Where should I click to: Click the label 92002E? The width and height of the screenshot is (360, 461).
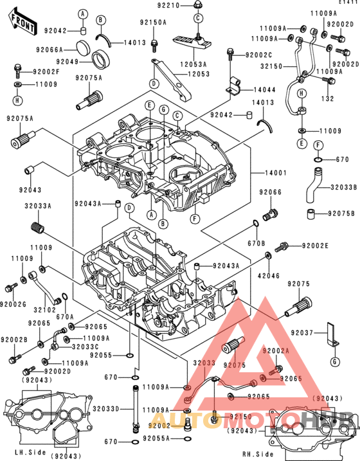pos(315,246)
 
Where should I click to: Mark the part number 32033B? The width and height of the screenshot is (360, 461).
pos(343,188)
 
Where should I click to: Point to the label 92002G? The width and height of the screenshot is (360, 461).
pos(13,304)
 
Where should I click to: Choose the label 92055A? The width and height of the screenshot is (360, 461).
pos(156,438)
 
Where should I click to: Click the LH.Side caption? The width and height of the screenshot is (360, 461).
pos(30,453)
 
